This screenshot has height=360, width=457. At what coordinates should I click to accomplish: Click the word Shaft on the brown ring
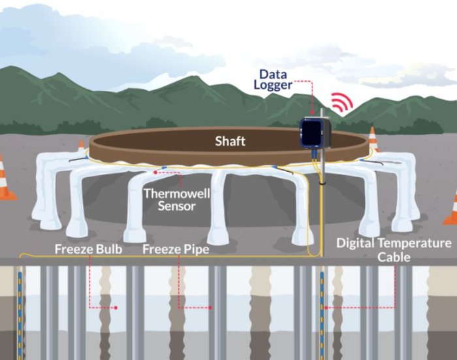click(230, 141)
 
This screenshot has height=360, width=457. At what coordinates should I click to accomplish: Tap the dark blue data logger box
click(315, 133)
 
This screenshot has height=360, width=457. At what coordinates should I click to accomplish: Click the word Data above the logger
click(274, 74)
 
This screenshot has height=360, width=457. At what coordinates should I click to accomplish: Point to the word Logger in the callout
click(274, 86)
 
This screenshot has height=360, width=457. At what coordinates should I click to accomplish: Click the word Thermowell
click(170, 193)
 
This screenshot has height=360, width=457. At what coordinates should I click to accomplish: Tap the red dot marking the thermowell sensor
click(155, 172)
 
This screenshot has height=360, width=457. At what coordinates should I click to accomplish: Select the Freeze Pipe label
click(172, 249)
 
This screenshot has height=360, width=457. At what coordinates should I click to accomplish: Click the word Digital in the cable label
click(357, 244)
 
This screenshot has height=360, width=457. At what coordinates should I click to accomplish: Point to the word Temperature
click(415, 244)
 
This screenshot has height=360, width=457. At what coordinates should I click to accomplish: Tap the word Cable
click(394, 257)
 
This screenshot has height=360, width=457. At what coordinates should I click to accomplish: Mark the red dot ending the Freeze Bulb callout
click(116, 307)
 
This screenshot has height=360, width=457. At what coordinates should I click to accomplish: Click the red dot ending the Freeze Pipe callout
click(208, 307)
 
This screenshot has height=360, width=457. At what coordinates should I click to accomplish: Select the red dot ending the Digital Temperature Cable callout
click(324, 307)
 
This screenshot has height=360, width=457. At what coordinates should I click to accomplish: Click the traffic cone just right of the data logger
click(373, 139)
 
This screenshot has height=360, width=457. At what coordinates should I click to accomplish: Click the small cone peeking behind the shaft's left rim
click(82, 147)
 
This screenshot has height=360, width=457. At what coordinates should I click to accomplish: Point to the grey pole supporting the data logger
click(321, 196)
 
